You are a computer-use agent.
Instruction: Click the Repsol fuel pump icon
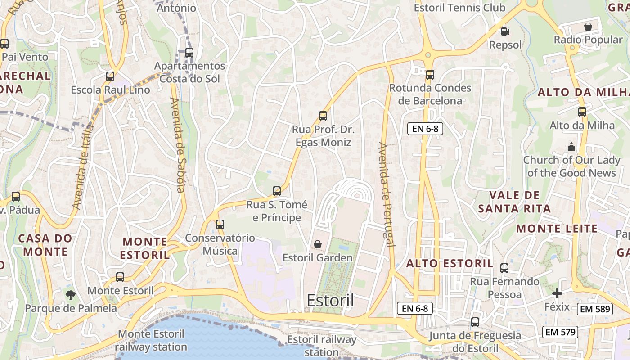click(x=505, y=31)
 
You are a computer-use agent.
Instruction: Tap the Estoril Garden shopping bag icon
click(x=318, y=244)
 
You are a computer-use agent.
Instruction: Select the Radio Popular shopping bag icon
click(x=588, y=27)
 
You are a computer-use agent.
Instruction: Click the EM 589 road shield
click(x=595, y=309)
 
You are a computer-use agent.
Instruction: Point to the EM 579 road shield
click(x=560, y=333)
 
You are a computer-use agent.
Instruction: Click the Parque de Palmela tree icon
click(x=70, y=295)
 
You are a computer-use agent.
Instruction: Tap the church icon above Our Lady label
click(x=571, y=147)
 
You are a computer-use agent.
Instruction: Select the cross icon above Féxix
click(x=557, y=294)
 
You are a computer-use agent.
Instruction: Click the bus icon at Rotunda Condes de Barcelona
click(x=430, y=75)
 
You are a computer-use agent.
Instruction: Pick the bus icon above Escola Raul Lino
click(x=110, y=76)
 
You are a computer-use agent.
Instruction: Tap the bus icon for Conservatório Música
click(x=220, y=224)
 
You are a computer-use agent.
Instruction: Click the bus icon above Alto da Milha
click(x=582, y=112)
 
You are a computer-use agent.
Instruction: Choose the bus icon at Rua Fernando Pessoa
click(x=504, y=268)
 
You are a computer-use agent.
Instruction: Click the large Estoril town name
click(x=330, y=301)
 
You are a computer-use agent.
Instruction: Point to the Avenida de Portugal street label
click(x=387, y=194)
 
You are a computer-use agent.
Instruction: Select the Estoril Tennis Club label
click(x=459, y=8)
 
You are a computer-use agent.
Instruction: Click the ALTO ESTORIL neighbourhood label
click(x=450, y=264)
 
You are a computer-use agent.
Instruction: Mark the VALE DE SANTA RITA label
click(x=514, y=202)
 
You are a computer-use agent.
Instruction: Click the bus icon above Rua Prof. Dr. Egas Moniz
click(x=323, y=116)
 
